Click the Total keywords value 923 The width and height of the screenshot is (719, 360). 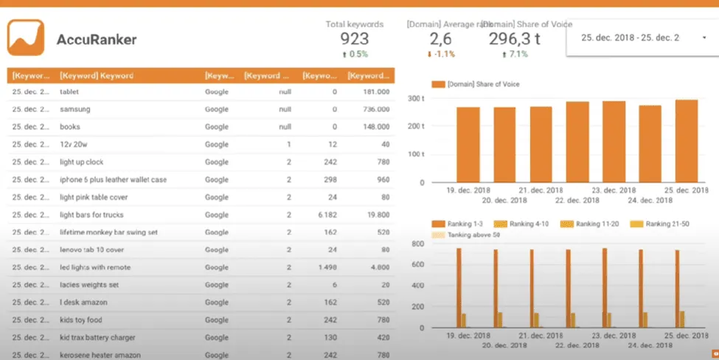tap(354, 38)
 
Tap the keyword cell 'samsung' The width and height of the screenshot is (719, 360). tap(75, 109)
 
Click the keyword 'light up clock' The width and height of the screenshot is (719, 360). tap(82, 162)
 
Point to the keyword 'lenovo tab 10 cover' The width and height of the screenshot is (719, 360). tap(92, 249)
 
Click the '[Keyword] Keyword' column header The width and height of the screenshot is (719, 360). tap(97, 75)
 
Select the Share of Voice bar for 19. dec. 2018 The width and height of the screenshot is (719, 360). tap(468, 145)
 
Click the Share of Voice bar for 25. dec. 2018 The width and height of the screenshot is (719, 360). tap(686, 141)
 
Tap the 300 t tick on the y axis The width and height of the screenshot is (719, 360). tap(416, 98)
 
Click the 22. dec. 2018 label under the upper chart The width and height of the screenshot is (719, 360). tap(577, 201)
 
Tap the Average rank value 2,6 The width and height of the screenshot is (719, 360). tap(440, 38)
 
